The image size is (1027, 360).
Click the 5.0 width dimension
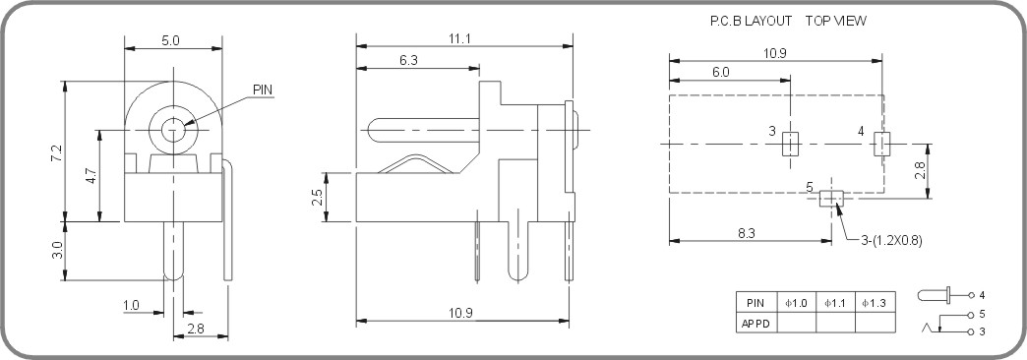pos(171,41)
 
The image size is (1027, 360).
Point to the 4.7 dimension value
pos(91,177)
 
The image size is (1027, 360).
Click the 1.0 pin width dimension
pos(131,306)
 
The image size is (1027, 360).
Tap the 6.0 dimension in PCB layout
pos(721,72)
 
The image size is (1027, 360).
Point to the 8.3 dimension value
pos(746,233)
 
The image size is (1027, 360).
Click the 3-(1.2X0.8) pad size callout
pos(891,239)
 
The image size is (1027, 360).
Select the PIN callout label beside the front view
pos(263,90)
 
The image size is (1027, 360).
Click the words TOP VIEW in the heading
pos(835,20)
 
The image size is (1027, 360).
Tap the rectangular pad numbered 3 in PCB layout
pos(789,146)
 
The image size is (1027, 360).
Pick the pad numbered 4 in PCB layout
pos(881,145)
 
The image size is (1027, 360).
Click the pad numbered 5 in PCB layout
pos(832,199)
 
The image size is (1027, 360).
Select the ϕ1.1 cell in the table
pos(835,303)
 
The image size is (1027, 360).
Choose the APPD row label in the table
pos(755,323)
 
